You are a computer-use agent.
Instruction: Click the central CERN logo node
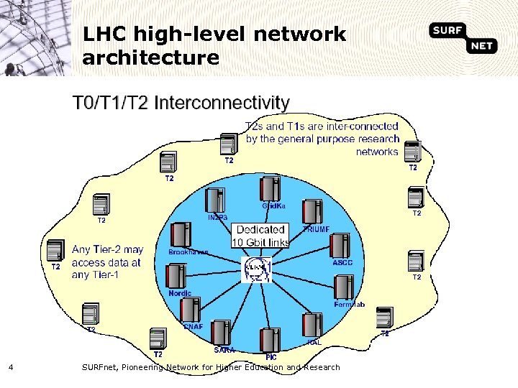click(258, 269)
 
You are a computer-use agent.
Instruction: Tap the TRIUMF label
click(316, 229)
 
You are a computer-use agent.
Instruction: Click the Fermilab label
click(349, 305)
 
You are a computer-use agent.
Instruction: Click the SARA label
click(224, 350)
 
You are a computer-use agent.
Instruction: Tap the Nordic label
click(179, 293)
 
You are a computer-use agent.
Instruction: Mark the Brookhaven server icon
click(179, 234)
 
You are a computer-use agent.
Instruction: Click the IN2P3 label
click(217, 217)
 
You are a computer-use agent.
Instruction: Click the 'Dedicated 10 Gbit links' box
click(260, 236)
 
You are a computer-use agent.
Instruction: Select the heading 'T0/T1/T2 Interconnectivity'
click(181, 103)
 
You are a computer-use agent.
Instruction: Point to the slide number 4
click(11, 367)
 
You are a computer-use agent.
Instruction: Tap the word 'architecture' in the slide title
click(151, 57)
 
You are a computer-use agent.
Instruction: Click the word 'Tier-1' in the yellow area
click(103, 274)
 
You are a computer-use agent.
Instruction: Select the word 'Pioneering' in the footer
click(145, 367)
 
